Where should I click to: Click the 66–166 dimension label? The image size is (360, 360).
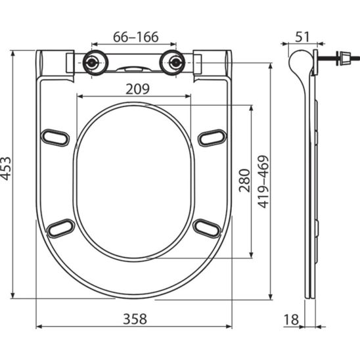[136, 37]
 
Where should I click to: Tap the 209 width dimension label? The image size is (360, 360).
[137, 89]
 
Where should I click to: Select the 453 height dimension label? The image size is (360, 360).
[5, 168]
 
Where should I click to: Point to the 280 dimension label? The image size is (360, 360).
[244, 181]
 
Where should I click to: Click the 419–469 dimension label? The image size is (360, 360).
[263, 181]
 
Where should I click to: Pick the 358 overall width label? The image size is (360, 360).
[135, 319]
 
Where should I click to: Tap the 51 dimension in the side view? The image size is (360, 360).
[302, 37]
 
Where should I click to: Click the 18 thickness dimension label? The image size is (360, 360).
[292, 319]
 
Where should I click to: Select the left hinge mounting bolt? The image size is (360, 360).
[93, 62]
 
